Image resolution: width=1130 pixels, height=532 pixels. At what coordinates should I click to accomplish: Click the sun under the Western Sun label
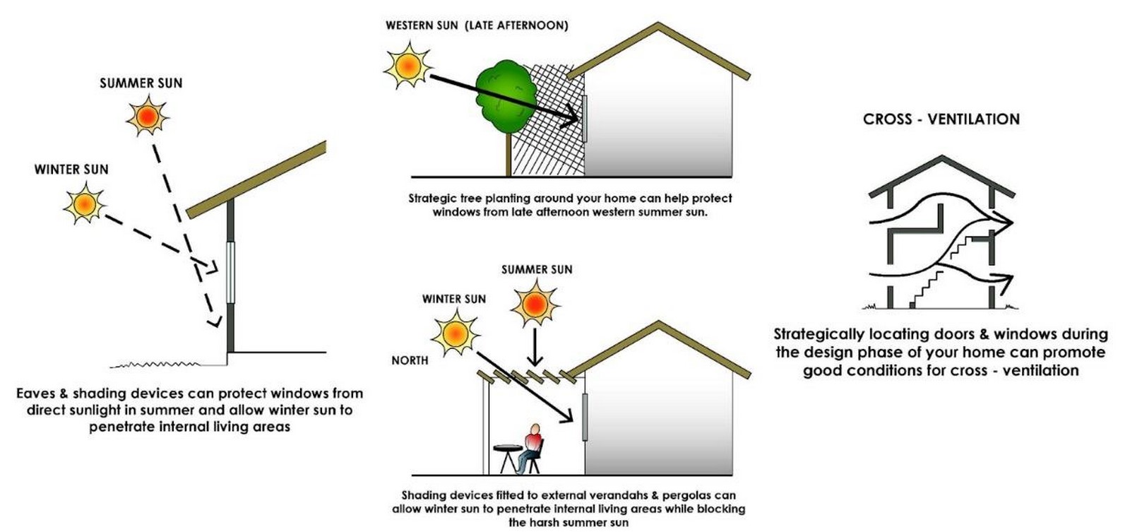coord(408,66)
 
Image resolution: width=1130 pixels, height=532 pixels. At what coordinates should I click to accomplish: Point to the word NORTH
coord(410,360)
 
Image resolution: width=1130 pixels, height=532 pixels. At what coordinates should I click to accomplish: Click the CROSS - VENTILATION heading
coord(941,119)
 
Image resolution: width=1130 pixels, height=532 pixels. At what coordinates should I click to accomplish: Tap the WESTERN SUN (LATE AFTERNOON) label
coord(477,25)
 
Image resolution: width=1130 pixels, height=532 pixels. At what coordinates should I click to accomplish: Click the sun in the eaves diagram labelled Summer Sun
coord(148,117)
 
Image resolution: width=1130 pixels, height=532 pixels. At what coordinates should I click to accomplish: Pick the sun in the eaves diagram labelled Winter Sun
coord(84,203)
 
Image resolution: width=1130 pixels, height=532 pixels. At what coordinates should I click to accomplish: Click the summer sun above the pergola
coord(535,304)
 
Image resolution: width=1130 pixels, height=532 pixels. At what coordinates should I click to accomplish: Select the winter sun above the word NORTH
coord(455,333)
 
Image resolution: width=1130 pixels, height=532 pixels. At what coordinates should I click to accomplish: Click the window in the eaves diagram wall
coord(230,273)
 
